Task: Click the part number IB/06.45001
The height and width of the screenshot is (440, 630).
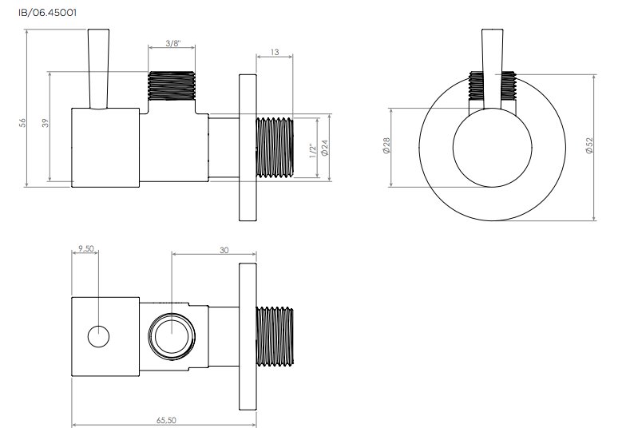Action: pyautogui.click(x=47, y=13)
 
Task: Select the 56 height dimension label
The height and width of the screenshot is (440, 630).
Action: pyautogui.click(x=22, y=122)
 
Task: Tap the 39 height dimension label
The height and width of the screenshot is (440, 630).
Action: pyautogui.click(x=46, y=122)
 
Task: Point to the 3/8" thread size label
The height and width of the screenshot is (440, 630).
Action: pyautogui.click(x=173, y=43)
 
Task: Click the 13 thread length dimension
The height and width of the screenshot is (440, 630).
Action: pyautogui.click(x=275, y=52)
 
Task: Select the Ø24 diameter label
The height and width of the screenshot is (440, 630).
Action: pyautogui.click(x=325, y=148)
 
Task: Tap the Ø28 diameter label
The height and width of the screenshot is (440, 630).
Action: pyautogui.click(x=386, y=145)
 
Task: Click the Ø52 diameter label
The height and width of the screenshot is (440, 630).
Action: pyautogui.click(x=589, y=145)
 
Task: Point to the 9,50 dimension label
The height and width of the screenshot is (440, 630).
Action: pyautogui.click(x=86, y=248)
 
